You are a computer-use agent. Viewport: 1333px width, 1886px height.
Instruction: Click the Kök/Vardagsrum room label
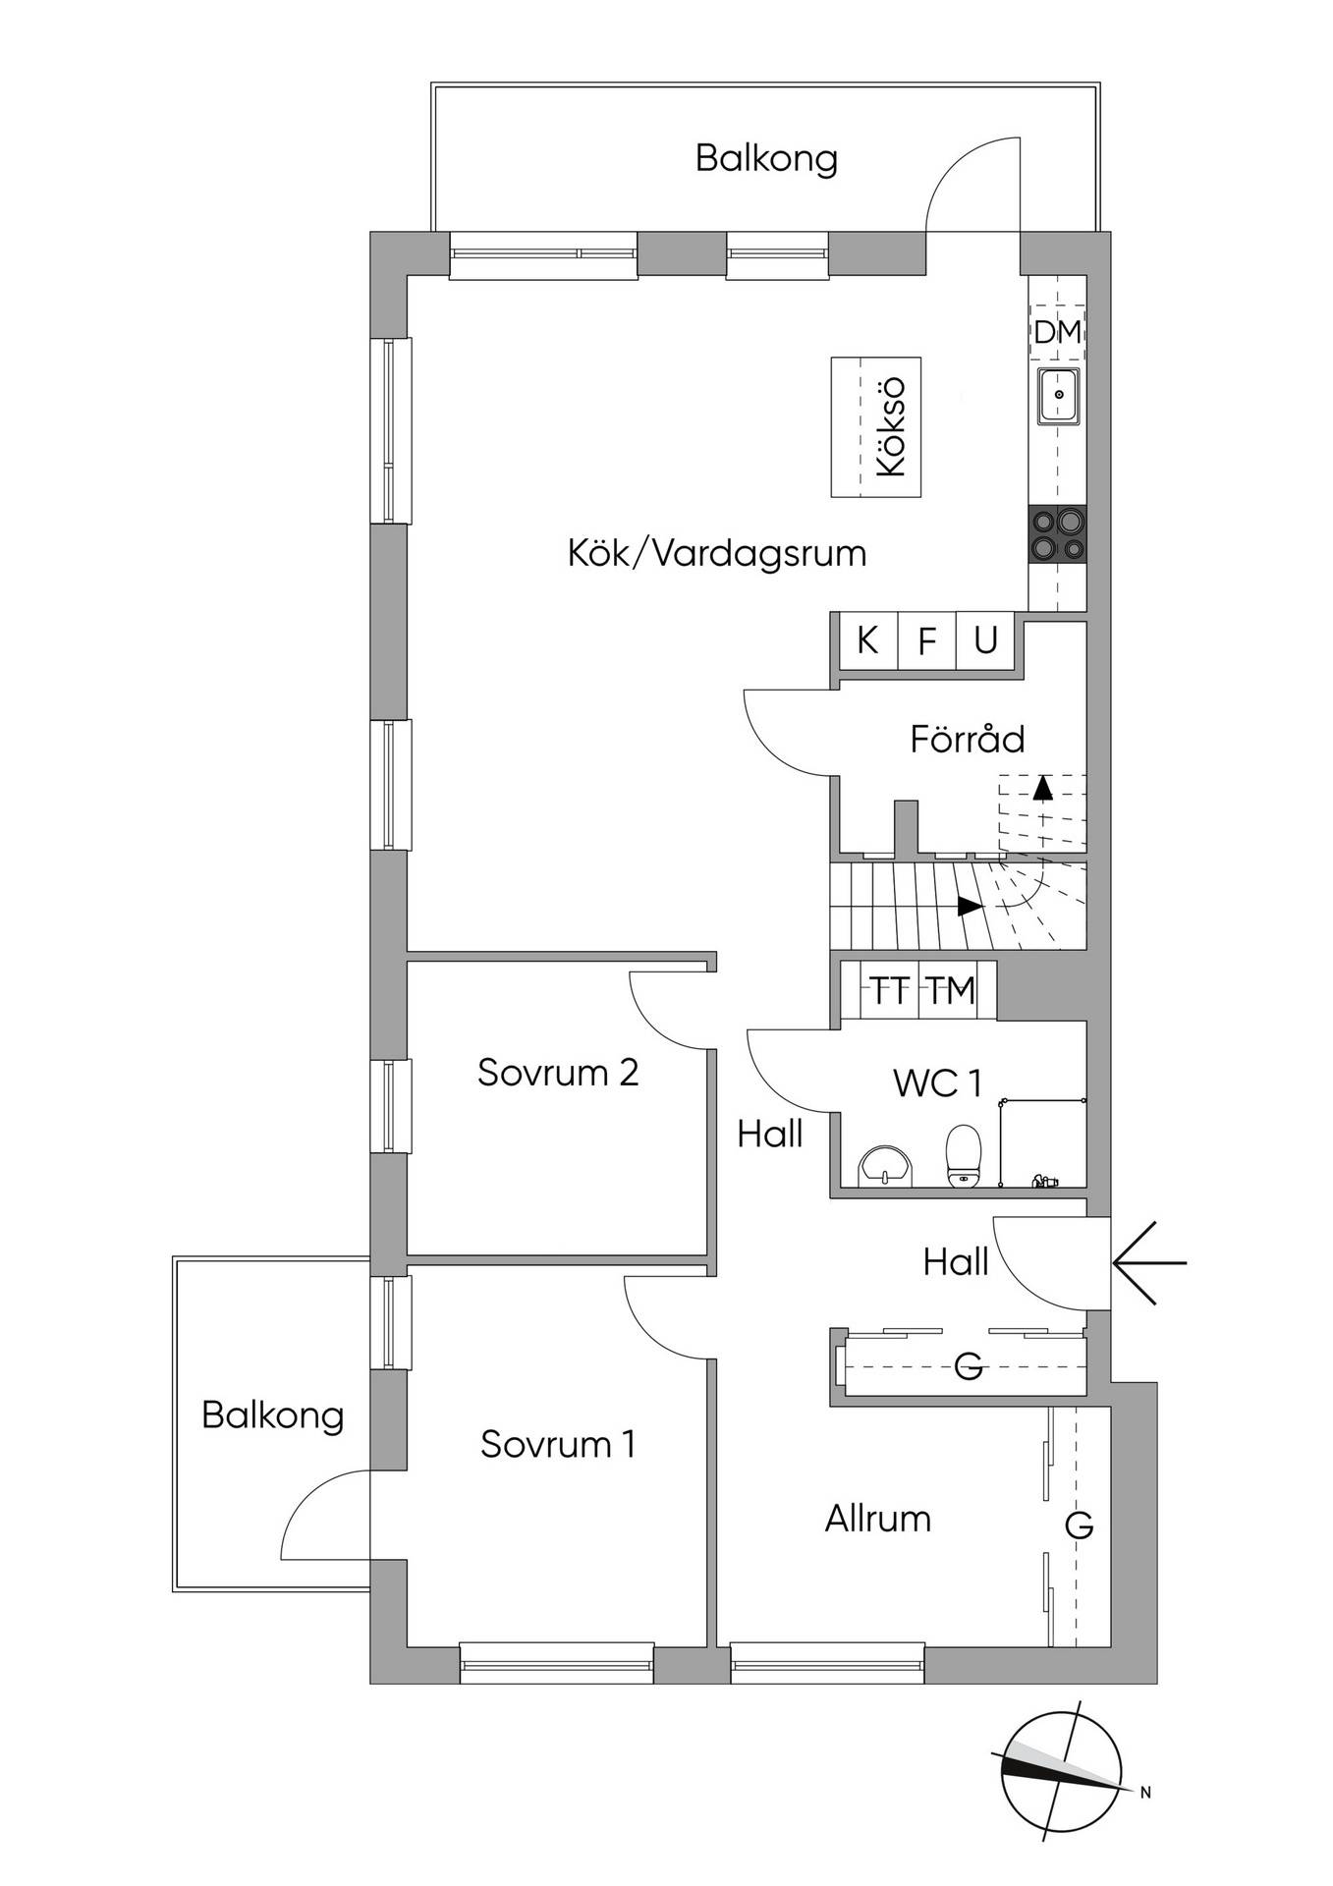[x=717, y=553]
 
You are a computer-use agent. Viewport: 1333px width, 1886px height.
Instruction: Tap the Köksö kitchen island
[x=875, y=427]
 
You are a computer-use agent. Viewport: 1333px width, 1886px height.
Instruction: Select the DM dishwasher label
[x=1057, y=332]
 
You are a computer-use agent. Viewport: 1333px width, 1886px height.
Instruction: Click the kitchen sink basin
[x=1059, y=396]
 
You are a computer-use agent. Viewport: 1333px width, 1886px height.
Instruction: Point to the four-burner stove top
[x=1058, y=534]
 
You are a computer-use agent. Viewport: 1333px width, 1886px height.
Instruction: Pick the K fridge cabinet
[x=866, y=641]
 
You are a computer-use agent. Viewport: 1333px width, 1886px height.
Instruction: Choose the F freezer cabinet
[x=926, y=641]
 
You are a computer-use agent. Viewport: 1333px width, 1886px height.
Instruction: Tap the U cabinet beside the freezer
[x=985, y=641]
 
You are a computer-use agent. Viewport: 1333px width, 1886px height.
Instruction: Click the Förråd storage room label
[x=967, y=739]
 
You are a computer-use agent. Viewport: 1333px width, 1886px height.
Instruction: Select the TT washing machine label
[x=890, y=991]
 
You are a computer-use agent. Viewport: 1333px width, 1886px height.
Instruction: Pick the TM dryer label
[x=952, y=991]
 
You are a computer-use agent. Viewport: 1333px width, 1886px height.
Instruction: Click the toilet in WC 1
[x=963, y=1153]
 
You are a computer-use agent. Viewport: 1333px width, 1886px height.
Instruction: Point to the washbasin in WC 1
[x=886, y=1165]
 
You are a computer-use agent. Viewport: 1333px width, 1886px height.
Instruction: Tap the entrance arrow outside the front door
[x=1149, y=1262]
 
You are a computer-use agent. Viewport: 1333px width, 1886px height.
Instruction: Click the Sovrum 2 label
[x=558, y=1072]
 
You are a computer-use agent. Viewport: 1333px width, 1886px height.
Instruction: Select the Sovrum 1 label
[x=558, y=1444]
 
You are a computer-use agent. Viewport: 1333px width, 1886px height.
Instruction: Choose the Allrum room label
[x=877, y=1519]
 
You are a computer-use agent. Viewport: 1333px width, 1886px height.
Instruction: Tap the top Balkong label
[x=766, y=158]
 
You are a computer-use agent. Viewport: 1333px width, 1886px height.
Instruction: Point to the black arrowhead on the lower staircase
[x=971, y=907]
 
